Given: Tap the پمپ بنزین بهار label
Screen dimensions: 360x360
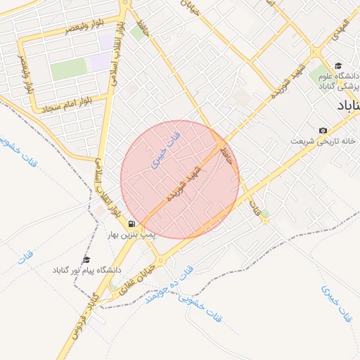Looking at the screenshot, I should pos(132,236).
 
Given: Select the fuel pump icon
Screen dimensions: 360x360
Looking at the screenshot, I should pos(132,225).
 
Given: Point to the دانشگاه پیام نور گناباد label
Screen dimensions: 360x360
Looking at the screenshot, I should pos(86,270).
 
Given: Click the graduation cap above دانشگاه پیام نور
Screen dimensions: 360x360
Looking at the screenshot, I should pos(86,259).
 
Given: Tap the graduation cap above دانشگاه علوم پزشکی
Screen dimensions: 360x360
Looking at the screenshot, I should pos(338,65).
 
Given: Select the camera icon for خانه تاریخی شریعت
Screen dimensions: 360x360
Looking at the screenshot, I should pos(323,131).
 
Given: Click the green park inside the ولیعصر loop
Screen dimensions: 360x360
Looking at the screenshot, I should pos(68,69).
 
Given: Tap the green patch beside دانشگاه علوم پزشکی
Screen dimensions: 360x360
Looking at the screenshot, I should pos(320,74).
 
